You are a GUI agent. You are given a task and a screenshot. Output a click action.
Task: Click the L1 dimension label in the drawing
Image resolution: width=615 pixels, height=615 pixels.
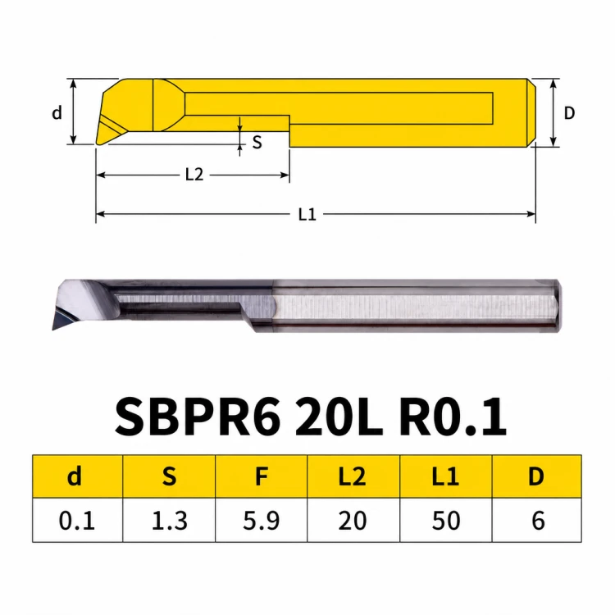307,215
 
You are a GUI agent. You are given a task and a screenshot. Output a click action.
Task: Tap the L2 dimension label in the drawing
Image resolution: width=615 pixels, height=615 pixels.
194,175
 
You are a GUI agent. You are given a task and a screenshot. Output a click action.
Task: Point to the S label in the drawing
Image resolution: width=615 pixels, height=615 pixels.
257,142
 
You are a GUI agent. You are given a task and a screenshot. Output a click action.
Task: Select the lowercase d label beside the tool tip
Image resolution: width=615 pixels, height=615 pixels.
57,112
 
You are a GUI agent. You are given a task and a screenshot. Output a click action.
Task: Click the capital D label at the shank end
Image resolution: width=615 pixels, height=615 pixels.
569,113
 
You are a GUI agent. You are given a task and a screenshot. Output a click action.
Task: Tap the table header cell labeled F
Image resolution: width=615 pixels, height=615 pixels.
262,476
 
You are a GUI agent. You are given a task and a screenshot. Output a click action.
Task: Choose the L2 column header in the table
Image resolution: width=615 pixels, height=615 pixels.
353,476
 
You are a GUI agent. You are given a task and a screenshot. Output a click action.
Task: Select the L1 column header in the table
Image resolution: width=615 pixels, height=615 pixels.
445,476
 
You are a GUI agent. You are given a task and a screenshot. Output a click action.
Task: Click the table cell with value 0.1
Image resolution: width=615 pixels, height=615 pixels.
77,520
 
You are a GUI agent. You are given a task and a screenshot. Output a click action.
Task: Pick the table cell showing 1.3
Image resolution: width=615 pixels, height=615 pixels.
169,520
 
